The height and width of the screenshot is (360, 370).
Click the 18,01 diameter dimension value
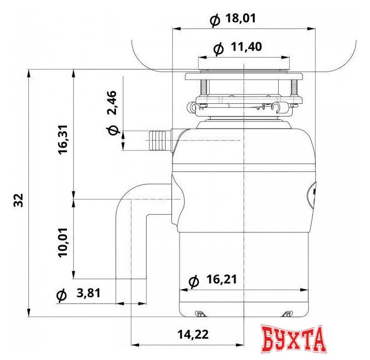(241, 18)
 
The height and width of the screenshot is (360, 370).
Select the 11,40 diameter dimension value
(246, 47)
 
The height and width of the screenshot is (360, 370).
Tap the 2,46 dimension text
(112, 103)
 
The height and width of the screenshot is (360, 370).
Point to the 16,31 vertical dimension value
(63, 140)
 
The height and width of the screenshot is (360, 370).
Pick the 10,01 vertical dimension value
(63, 242)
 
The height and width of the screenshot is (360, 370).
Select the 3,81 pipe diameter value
(88, 293)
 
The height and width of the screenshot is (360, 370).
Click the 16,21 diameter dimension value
(222, 279)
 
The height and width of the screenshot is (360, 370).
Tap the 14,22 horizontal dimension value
(193, 334)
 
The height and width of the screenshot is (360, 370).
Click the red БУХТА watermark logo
(294, 339)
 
